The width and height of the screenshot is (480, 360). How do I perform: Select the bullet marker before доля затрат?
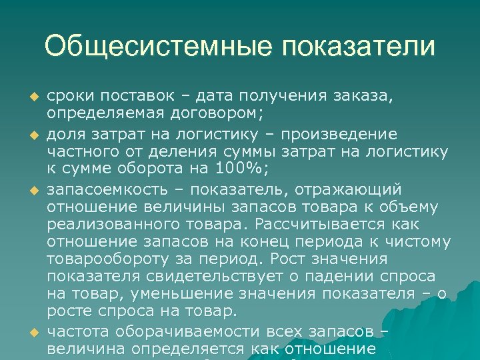pyautogui.click(x=27, y=135)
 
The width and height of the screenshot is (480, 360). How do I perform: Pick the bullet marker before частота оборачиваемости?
pyautogui.click(x=27, y=332)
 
